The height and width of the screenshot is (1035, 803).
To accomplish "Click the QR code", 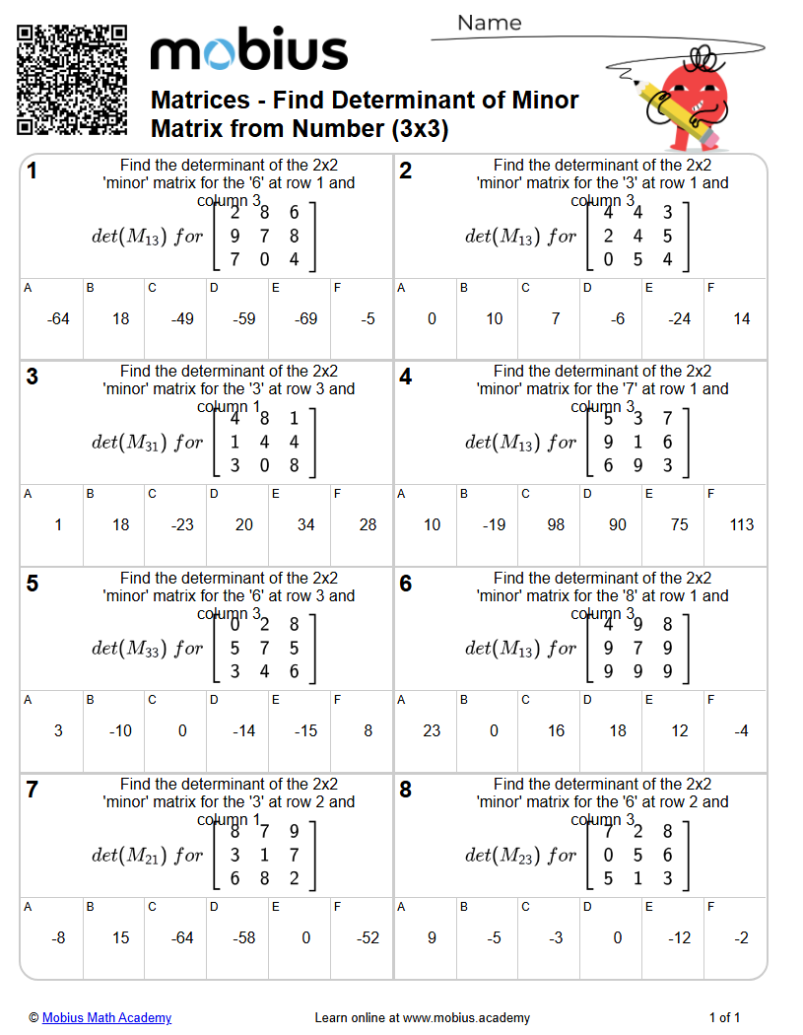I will coord(72,80).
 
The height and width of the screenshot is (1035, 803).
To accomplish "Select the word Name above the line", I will coord(489,23).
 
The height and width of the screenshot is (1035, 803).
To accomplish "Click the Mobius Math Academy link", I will coord(106,1017).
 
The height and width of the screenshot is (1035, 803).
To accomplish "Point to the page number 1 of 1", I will coord(724,1017).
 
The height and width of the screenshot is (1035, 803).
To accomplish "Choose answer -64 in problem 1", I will coord(58,318).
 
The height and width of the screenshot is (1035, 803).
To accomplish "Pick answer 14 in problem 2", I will coord(742,318).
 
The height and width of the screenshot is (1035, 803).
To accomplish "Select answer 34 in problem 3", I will coord(305,524).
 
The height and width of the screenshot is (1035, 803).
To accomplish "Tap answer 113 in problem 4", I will coord(742,524).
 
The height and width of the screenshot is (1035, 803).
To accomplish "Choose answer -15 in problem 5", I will coord(305,730).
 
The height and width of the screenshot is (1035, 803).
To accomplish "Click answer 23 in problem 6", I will coord(432,730).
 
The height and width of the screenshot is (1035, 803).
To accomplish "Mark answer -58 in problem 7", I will coord(243,937).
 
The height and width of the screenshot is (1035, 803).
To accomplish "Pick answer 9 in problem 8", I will coord(432,937).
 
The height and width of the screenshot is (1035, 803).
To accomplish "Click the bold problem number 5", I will coord(33,585).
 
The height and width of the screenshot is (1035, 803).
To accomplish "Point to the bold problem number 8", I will coord(406,791).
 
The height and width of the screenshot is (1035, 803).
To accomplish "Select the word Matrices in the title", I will coord(200,101).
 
